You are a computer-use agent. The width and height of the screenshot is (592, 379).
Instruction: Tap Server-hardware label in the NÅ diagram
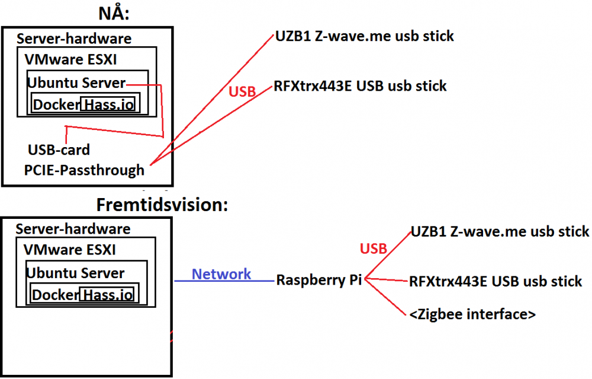(74, 39)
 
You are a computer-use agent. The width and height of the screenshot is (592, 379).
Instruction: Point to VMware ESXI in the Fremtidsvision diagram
(70, 249)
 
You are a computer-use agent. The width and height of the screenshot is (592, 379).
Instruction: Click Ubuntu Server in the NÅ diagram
(76, 82)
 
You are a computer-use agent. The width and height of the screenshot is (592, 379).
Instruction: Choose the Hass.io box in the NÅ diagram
(108, 105)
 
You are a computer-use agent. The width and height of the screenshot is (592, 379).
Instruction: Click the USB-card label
(59, 149)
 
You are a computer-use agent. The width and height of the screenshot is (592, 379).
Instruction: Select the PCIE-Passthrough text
(84, 170)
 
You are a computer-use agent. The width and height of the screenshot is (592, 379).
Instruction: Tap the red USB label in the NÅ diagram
(242, 92)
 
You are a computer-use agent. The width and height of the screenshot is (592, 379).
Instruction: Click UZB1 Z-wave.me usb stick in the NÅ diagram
(365, 36)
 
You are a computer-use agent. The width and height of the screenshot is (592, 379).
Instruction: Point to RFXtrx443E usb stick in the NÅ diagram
(360, 86)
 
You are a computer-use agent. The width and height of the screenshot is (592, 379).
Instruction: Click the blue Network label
(221, 274)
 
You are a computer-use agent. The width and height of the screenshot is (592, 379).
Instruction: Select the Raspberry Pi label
(319, 280)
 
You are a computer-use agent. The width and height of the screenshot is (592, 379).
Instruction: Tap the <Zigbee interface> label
(472, 314)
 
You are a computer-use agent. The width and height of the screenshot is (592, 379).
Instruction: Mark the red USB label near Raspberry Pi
(374, 249)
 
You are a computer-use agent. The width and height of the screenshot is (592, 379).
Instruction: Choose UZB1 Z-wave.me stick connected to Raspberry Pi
(500, 231)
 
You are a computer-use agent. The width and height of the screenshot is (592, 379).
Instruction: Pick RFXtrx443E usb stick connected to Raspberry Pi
(496, 281)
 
